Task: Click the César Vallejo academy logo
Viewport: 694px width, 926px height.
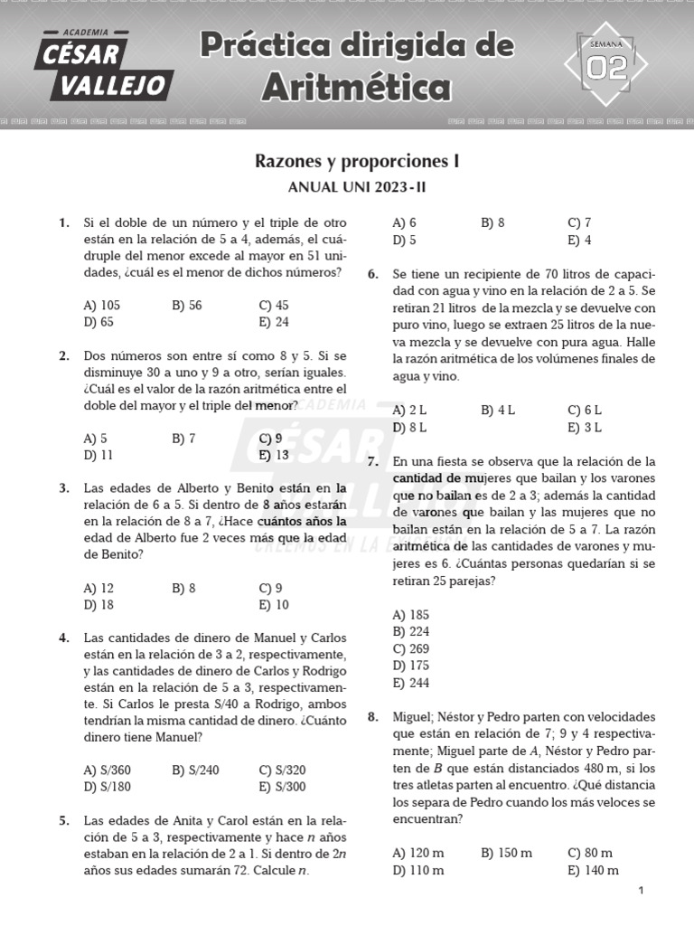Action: pos(102,63)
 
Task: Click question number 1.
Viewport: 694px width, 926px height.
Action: pos(63,222)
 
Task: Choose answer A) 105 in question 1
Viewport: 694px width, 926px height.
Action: pos(101,305)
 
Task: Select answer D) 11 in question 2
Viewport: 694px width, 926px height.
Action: pos(98,455)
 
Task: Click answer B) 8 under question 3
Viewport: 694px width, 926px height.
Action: pos(183,588)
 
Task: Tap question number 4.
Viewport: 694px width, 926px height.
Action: pos(63,638)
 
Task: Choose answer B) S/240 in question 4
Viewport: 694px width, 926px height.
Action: pos(195,770)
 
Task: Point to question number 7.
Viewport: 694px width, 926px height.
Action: pos(372,461)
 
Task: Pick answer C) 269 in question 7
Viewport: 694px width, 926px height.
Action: pos(410,648)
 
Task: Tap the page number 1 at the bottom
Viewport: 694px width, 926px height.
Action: pos(640,892)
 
